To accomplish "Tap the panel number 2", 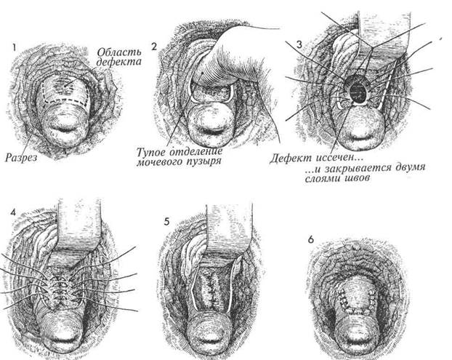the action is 154,46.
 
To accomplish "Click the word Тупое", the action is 155,151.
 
